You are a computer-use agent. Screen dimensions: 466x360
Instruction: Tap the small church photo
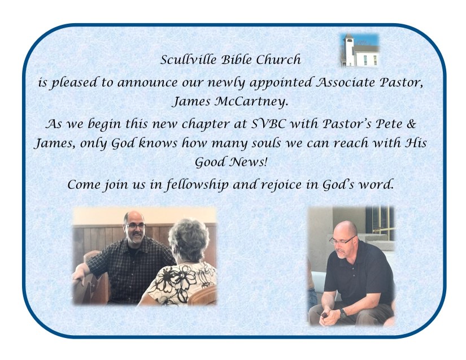(360, 50)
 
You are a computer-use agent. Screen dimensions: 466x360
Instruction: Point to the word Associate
(343, 82)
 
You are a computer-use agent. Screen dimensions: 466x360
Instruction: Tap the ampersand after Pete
(411, 123)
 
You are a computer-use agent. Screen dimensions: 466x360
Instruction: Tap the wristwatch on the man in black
(343, 314)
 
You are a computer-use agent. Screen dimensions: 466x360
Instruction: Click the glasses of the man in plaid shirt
(136, 225)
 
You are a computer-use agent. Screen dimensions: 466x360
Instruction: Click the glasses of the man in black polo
(342, 240)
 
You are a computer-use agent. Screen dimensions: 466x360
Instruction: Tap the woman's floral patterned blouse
(181, 283)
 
